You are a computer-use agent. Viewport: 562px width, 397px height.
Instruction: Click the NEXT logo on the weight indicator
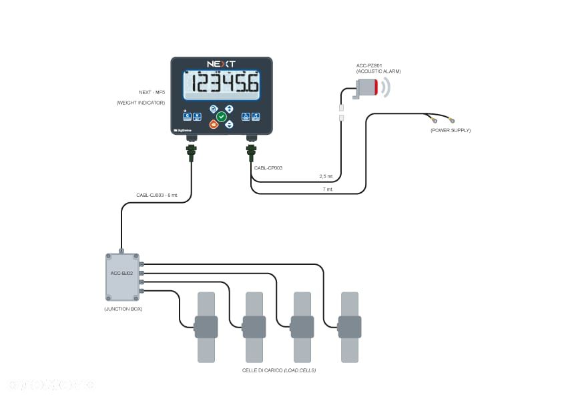pos(221,64)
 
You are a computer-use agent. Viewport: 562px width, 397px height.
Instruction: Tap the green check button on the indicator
pos(222,116)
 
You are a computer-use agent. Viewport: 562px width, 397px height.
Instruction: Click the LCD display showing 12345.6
pos(221,85)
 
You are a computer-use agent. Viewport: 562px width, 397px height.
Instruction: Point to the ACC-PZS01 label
pos(368,66)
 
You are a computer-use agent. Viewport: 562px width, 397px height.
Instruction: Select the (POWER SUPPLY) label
pos(451,130)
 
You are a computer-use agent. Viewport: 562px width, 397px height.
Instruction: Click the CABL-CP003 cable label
pos(268,167)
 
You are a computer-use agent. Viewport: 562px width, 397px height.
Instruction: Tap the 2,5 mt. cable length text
pos(326,177)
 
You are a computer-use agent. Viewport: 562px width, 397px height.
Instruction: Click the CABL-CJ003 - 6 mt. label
pos(158,195)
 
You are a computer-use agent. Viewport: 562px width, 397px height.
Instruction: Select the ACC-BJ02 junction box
pos(122,276)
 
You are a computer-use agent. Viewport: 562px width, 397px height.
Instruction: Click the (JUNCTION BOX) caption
pos(122,309)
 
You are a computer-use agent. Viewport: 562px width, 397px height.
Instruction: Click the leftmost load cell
pos(206,327)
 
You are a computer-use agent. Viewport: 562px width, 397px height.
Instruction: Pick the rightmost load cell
pos(350,327)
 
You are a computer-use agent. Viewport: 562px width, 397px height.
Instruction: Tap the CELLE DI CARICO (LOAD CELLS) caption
pos(279,370)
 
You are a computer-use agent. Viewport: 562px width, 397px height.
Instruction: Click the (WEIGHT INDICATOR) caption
pos(140,103)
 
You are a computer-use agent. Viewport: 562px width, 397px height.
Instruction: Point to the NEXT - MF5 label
pos(152,92)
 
